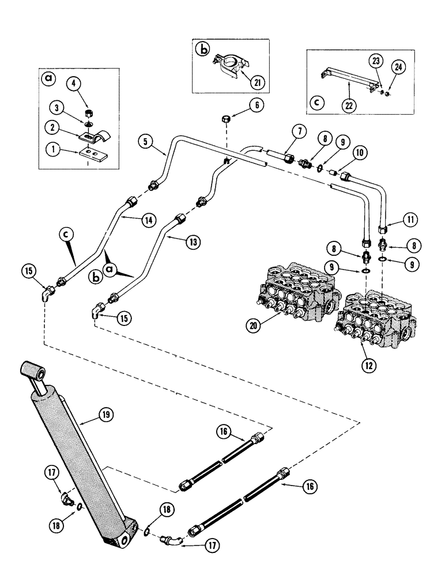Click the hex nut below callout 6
coord(226,120)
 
